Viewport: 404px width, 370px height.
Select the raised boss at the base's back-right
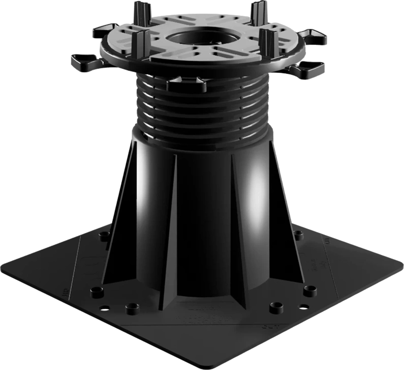[298, 233]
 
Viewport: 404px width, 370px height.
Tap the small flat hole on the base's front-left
[104, 308]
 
